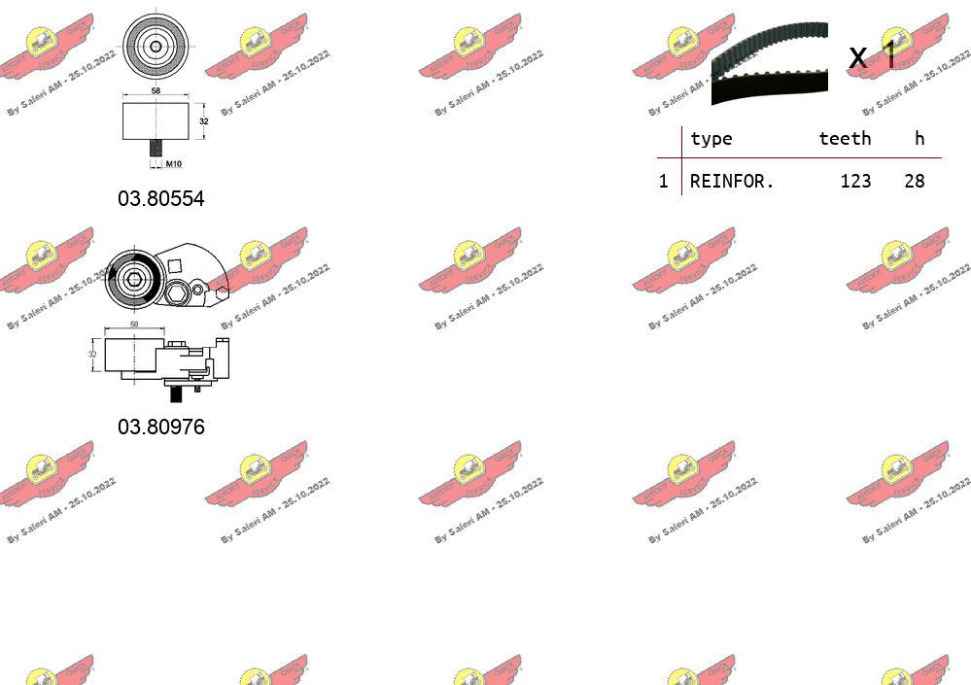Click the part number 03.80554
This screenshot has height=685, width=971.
tap(161, 198)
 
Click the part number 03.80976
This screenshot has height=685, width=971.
tap(161, 426)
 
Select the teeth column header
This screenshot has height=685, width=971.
tap(845, 138)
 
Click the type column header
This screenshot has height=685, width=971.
tap(711, 138)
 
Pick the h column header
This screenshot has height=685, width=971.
tap(919, 138)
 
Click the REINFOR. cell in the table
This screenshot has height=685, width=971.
tap(732, 181)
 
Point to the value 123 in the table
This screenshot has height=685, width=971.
tap(855, 181)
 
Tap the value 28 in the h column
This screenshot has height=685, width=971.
tap(914, 181)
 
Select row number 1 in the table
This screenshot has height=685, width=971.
tap(664, 181)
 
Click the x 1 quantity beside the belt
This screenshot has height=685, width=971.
tap(872, 56)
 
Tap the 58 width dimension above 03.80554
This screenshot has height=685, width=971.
tap(156, 91)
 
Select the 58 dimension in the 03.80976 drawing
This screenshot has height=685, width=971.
tap(134, 325)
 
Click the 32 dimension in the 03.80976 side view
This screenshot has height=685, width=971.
tap(92, 354)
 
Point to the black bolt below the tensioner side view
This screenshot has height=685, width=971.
tap(177, 394)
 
